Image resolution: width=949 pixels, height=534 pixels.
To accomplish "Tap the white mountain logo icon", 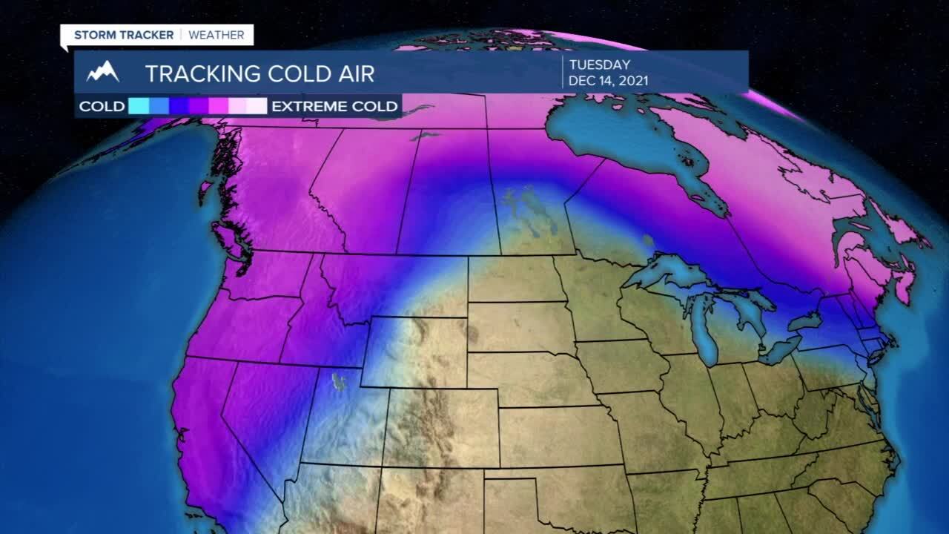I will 103,72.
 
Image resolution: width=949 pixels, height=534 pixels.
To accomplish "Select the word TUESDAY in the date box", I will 599,65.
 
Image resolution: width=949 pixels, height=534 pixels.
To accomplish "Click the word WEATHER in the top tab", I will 216,35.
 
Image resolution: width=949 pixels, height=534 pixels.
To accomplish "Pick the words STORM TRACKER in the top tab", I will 124,35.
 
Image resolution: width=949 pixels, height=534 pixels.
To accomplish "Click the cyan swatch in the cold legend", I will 139,106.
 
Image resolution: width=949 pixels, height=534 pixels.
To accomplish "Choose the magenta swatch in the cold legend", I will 218,106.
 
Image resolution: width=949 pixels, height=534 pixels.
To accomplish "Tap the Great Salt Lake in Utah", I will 340,383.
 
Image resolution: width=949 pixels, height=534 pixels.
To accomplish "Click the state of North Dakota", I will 512,279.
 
